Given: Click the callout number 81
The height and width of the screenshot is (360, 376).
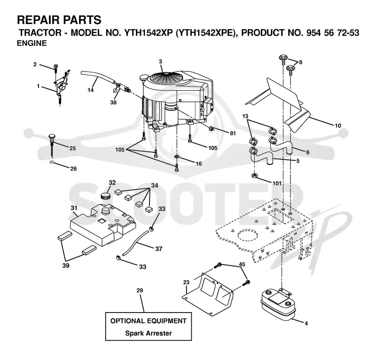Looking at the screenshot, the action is pyautogui.click(x=233, y=133).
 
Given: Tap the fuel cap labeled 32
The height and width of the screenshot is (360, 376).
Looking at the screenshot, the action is pyautogui.click(x=105, y=196).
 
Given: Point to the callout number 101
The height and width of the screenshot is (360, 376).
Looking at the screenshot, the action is pyautogui.click(x=277, y=183).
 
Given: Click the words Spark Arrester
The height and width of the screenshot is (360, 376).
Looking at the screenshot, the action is pyautogui.click(x=149, y=333).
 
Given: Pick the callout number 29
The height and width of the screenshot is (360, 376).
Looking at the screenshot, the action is pyautogui.click(x=140, y=290).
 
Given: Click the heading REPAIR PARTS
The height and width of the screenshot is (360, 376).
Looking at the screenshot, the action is pyautogui.click(x=59, y=20).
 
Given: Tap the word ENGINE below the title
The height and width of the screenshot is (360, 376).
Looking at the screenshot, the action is pyautogui.click(x=32, y=43).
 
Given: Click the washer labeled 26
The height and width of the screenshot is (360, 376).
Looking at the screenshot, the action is pyautogui.click(x=51, y=162).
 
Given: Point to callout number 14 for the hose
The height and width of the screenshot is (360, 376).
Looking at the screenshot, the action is pyautogui.click(x=90, y=90).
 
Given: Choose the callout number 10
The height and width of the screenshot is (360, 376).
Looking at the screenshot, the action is pyautogui.click(x=338, y=125).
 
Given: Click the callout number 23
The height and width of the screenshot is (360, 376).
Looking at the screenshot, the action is pyautogui.click(x=186, y=282).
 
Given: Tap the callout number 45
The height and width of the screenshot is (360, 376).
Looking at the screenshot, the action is pyautogui.click(x=242, y=264).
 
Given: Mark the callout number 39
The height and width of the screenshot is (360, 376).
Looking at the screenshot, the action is pyautogui.click(x=66, y=266).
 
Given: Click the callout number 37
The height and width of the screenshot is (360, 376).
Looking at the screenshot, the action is pyautogui.click(x=159, y=249).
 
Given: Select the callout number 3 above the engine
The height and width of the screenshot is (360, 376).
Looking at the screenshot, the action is pyautogui.click(x=160, y=62).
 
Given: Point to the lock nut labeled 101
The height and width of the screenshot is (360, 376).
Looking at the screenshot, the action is pyautogui.click(x=255, y=175).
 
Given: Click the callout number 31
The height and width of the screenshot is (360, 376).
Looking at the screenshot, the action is pyautogui.click(x=74, y=208).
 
